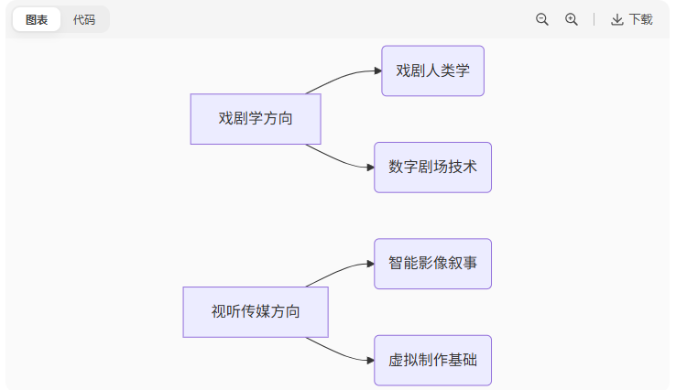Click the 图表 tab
(x=37, y=19)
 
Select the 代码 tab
(x=84, y=19)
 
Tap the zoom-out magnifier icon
(x=542, y=19)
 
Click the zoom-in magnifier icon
(x=572, y=19)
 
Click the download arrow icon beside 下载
(x=617, y=19)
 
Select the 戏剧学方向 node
(x=256, y=119)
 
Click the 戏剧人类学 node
(x=432, y=71)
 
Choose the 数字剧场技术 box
(x=432, y=168)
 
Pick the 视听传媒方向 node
(x=256, y=312)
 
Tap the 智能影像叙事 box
(x=432, y=264)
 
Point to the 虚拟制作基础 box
(x=432, y=360)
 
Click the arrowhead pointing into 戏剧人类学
(x=376, y=71)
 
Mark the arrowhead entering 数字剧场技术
(x=369, y=168)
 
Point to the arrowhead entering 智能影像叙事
(x=369, y=264)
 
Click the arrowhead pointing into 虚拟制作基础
(x=369, y=360)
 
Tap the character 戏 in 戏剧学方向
(x=225, y=119)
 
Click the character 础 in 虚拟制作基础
(x=470, y=360)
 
